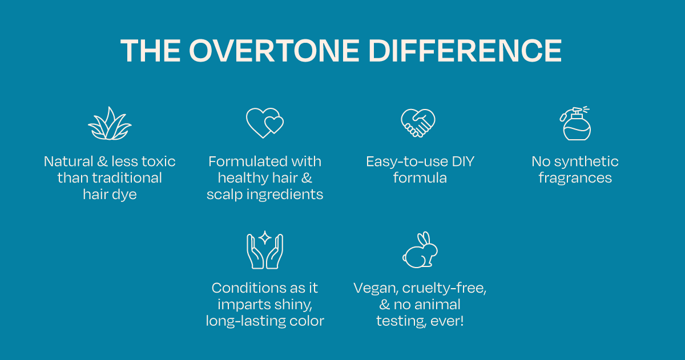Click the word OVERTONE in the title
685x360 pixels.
point(275,51)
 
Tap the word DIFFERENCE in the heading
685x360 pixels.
point(465,51)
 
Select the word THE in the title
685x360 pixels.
point(151,51)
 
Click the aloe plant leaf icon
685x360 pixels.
point(110,123)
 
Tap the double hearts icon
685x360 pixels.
point(265,123)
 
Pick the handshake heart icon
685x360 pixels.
point(418,123)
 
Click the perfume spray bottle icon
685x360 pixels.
point(575,123)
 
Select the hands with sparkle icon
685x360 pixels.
point(265,250)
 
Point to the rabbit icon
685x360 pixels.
point(420,250)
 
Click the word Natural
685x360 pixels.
point(68,161)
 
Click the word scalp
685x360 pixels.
point(225,195)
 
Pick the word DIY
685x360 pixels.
point(463,161)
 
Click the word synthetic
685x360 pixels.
point(586,161)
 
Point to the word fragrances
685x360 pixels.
point(575,178)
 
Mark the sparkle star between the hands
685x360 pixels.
point(265,237)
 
